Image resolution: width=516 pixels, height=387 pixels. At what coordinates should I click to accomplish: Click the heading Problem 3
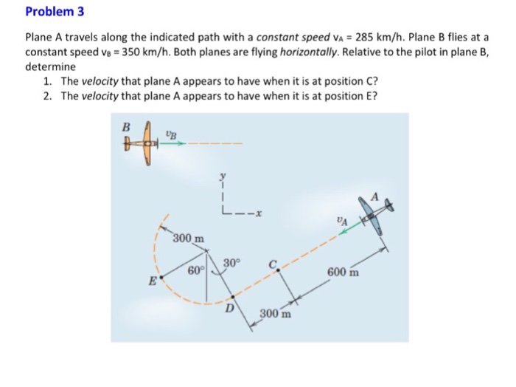point(51,12)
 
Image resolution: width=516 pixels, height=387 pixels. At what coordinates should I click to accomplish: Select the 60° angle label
point(196,270)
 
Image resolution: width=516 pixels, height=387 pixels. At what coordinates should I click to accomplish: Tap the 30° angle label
point(231,263)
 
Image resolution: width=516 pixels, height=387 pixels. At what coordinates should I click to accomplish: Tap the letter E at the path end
point(153,280)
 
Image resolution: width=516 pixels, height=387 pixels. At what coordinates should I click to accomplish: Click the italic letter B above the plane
point(126,126)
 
